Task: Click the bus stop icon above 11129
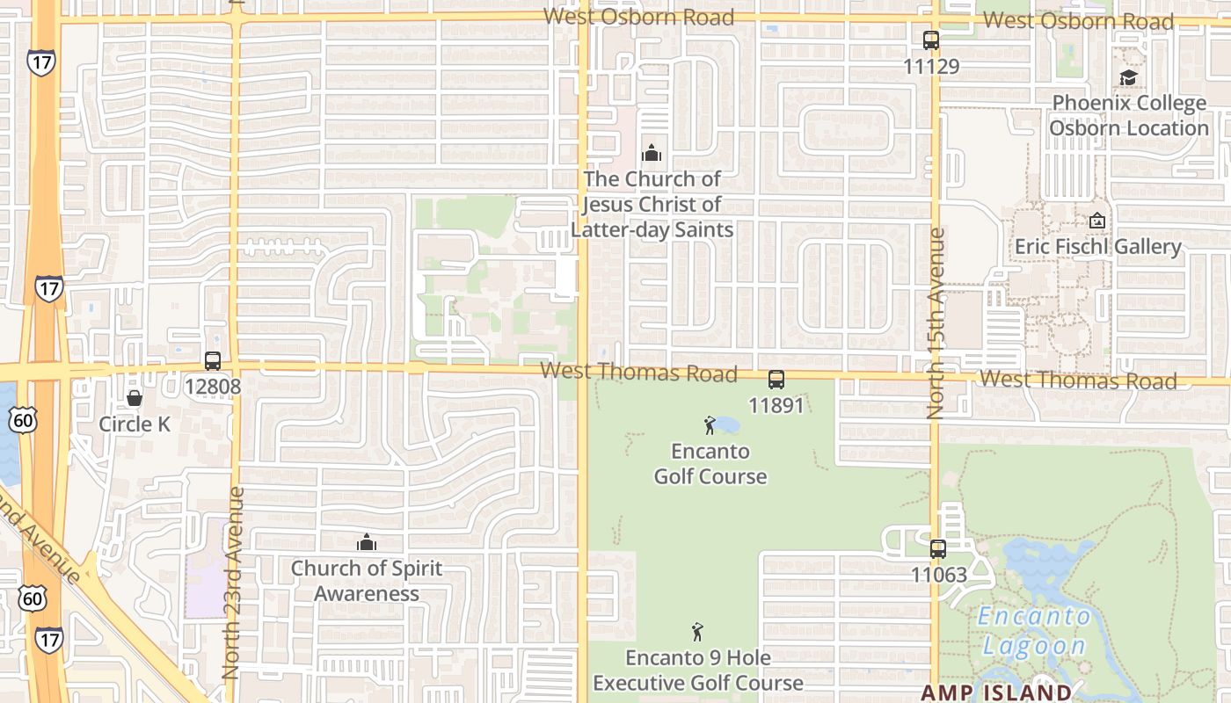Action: pyautogui.click(x=931, y=40)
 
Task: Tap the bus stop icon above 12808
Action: pyautogui.click(x=213, y=360)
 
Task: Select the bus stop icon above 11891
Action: pyautogui.click(x=776, y=380)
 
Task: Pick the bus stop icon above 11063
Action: pyautogui.click(x=938, y=549)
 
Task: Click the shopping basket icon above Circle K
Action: pyautogui.click(x=135, y=399)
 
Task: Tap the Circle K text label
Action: pyautogui.click(x=135, y=424)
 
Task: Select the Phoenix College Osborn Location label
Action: pyautogui.click(x=1129, y=115)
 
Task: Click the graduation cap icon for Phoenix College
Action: pyautogui.click(x=1128, y=77)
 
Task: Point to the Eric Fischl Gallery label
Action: pyautogui.click(x=1098, y=246)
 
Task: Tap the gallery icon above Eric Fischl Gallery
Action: pyautogui.click(x=1096, y=221)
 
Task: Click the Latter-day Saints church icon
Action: pyautogui.click(x=652, y=154)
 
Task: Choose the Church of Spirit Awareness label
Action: pyautogui.click(x=367, y=581)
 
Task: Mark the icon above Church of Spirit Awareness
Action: pyautogui.click(x=367, y=542)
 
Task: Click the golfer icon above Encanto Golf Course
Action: pyautogui.click(x=710, y=426)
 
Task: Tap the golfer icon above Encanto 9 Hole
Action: pyautogui.click(x=697, y=632)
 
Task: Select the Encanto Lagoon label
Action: pyautogui.click(x=1034, y=631)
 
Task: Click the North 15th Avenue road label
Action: pyautogui.click(x=936, y=323)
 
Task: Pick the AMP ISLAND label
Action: pyautogui.click(x=996, y=692)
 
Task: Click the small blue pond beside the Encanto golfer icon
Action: pyautogui.click(x=726, y=426)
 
